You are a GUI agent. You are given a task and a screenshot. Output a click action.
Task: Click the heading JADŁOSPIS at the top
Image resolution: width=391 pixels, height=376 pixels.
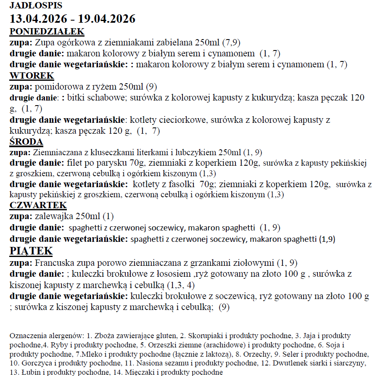pos(36,5)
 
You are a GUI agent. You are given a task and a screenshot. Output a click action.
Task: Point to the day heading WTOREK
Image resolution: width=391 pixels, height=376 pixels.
pos(32,76)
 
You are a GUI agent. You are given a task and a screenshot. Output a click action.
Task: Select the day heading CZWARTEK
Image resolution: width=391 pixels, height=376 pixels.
pos(38,205)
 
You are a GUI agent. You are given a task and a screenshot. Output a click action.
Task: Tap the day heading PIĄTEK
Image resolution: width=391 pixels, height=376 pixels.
pos(31,251)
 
